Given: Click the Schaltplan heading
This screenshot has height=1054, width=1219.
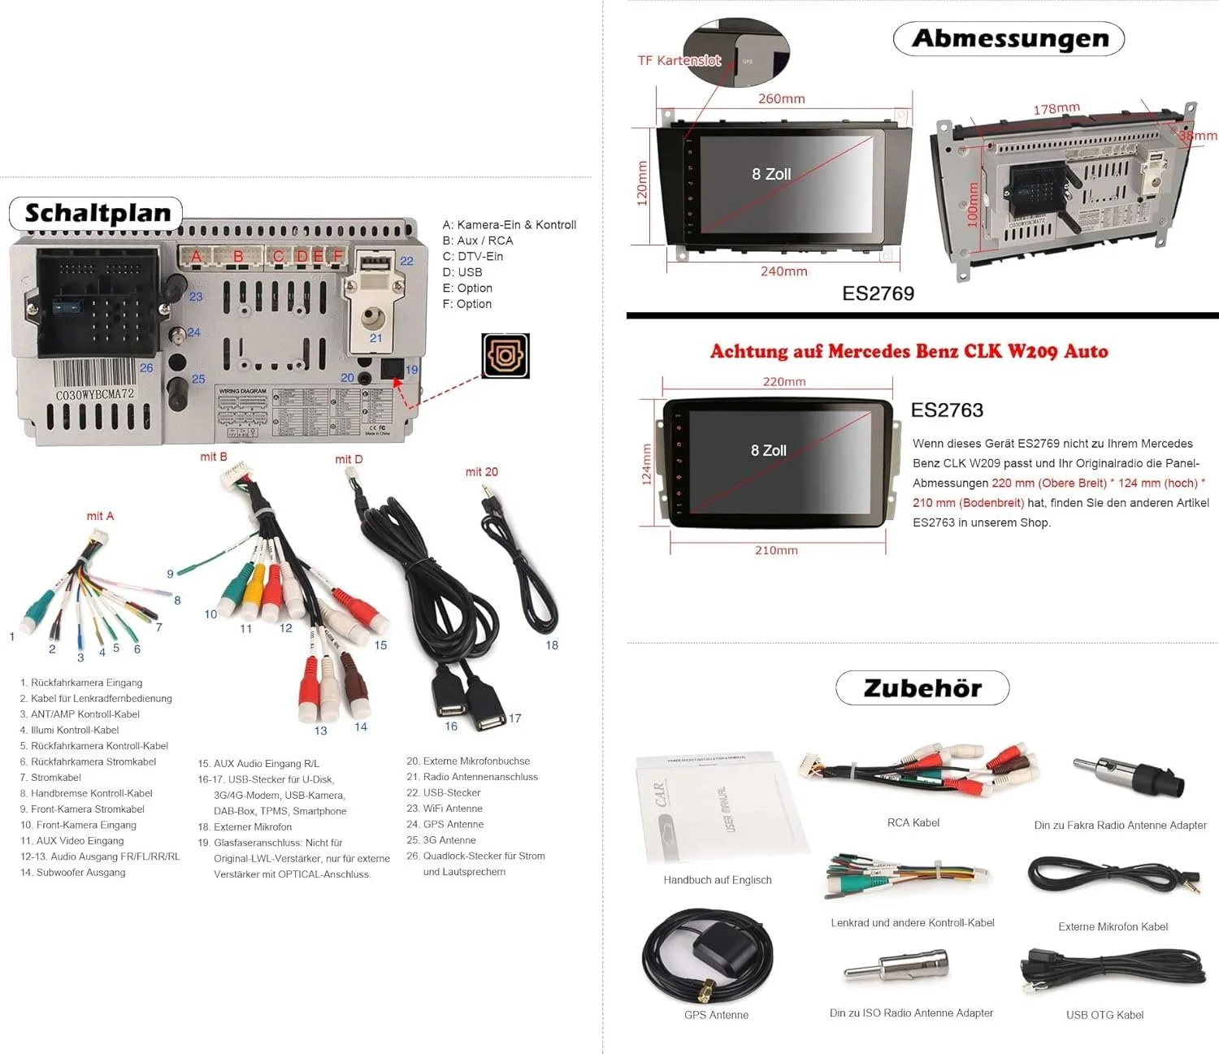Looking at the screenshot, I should pos(97,214).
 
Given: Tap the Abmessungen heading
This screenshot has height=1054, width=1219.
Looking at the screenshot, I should pos(1009,38).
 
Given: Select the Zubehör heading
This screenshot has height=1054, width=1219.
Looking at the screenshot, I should pos(922,688).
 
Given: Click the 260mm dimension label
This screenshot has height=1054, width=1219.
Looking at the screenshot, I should pos(781,99).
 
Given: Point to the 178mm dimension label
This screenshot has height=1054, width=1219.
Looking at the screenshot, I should pos(1056,109).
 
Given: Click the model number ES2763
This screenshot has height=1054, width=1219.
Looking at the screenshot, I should pos(947,410).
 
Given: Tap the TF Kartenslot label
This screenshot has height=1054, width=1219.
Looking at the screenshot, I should pos(679,61).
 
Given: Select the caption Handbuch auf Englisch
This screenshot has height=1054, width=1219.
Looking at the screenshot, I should pos(718,880).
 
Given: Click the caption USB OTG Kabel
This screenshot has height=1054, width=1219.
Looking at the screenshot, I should pos(1104,1015).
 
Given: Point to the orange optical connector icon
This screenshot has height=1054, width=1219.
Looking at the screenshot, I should pos(505,356).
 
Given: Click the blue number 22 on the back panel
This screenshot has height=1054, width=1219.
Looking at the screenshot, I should pos(406,261).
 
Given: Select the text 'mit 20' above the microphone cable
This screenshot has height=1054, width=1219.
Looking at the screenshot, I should pos(481,472).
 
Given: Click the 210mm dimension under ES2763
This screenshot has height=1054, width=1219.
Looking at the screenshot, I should pos(776,551).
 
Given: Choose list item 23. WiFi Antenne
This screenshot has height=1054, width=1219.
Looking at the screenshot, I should pos(453,809).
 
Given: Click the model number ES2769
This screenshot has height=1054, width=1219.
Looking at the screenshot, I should pos(878,293).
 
